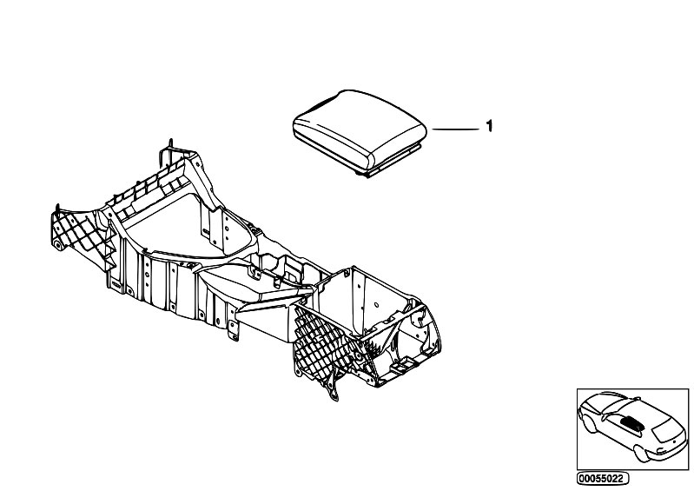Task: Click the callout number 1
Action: click(489, 126)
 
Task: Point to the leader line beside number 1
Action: click(455, 129)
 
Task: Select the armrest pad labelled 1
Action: click(360, 133)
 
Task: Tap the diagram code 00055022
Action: click(603, 479)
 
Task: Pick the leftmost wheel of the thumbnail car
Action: click(589, 424)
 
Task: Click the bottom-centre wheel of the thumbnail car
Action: click(641, 454)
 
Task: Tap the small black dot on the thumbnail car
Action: click(675, 441)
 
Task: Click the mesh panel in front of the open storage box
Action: click(321, 345)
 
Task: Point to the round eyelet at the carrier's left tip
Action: click(57, 245)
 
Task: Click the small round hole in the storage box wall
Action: click(376, 305)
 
